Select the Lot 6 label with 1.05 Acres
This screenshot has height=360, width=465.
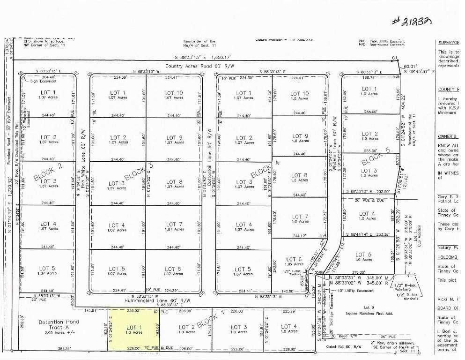tap(293, 261)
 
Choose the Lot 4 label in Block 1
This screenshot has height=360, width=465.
tap(288, 329)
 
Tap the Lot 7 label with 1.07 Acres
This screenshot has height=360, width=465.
tap(174, 227)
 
